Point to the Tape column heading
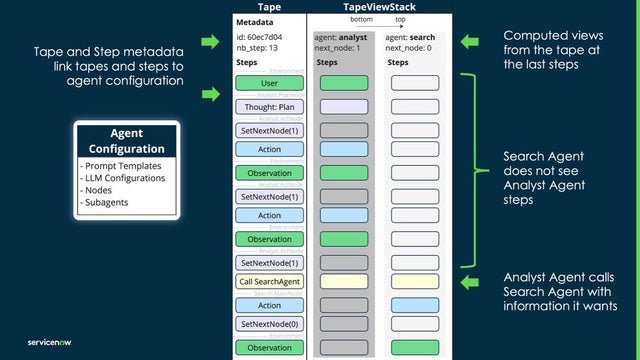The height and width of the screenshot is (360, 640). coord(269,7)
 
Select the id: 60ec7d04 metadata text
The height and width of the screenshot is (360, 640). coord(259,36)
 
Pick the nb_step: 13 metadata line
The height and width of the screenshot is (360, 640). coord(258,47)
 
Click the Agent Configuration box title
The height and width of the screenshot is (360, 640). coord(126,140)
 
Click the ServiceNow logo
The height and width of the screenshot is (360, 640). coord(42,338)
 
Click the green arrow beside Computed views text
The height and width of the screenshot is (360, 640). coord(473,42)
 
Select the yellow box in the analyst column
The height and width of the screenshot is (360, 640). coord(344,283)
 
